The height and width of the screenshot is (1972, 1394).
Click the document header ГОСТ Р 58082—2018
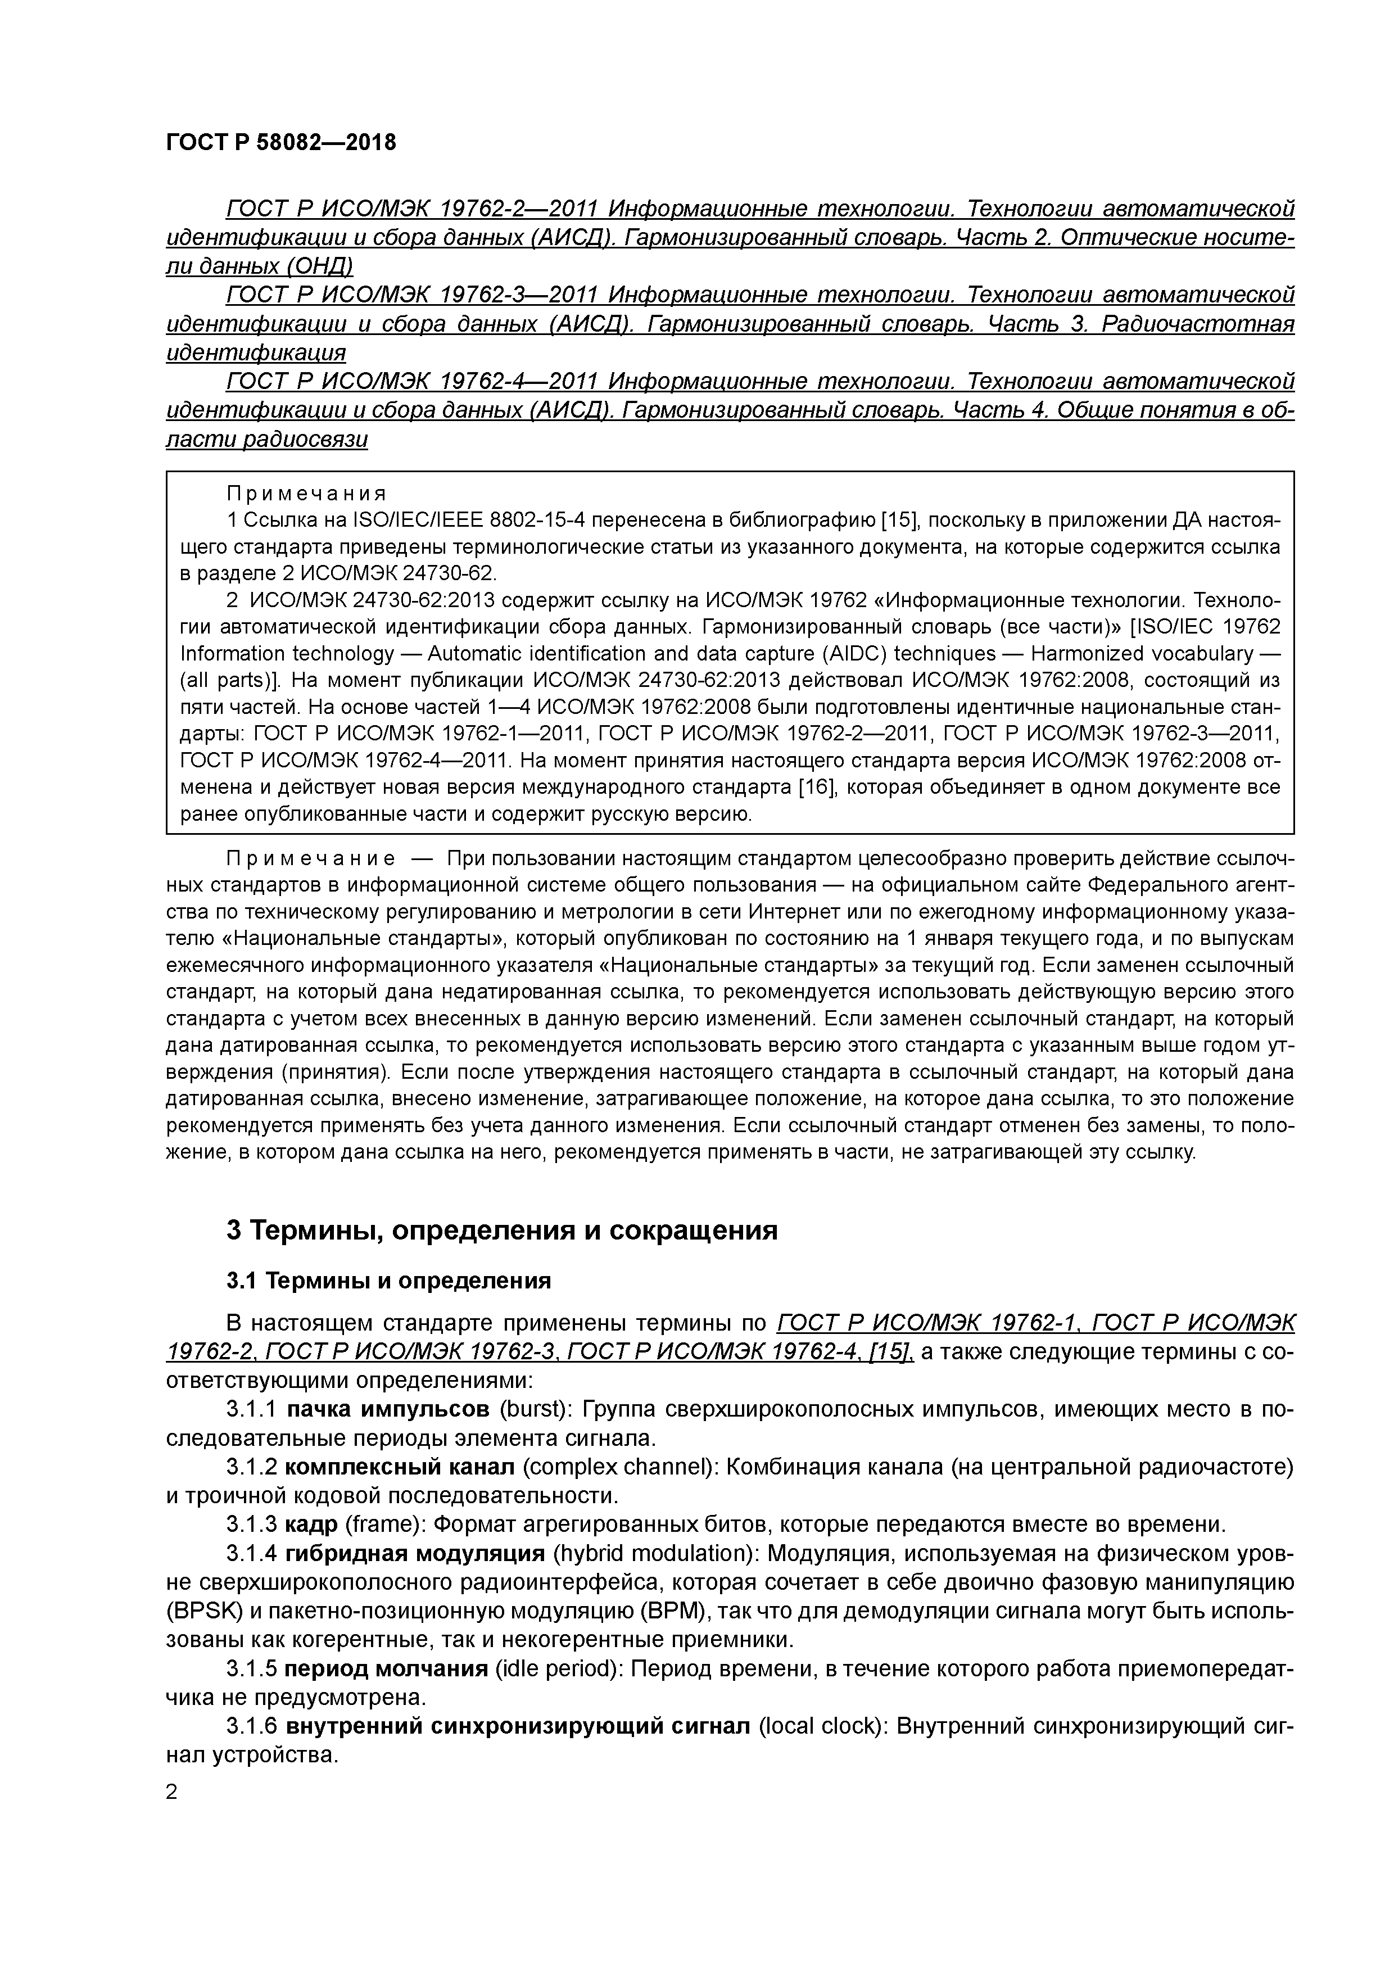pyautogui.click(x=281, y=143)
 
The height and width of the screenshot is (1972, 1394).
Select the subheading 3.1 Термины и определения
pyautogui.click(x=388, y=1281)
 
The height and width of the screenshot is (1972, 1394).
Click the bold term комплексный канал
pyautogui.click(x=400, y=1467)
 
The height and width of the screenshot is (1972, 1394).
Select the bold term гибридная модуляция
pyautogui.click(x=415, y=1553)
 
